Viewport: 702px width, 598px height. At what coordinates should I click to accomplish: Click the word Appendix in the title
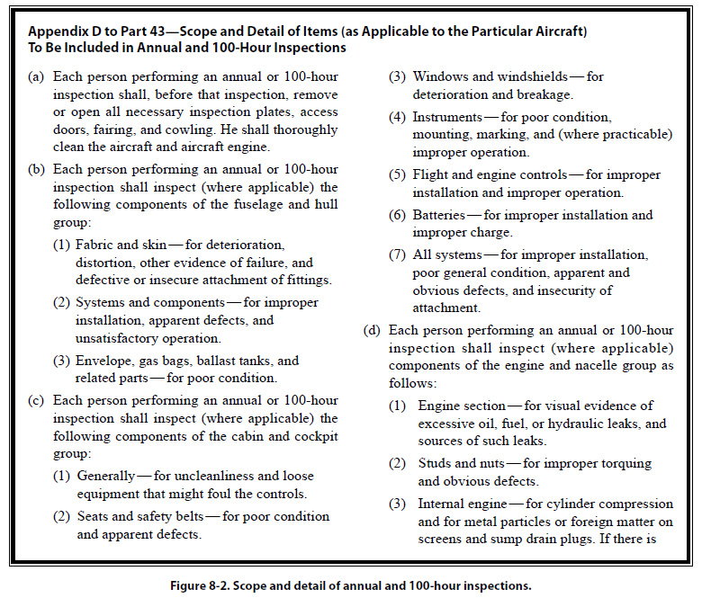click(x=59, y=31)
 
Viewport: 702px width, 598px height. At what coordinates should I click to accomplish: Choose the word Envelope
click(x=105, y=360)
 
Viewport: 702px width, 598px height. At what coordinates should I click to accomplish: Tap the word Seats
click(x=97, y=516)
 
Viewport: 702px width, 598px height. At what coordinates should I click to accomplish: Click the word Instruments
click(x=446, y=117)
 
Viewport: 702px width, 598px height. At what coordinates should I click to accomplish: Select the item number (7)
click(x=398, y=254)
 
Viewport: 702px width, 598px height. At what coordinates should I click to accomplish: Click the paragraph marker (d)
click(x=373, y=329)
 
